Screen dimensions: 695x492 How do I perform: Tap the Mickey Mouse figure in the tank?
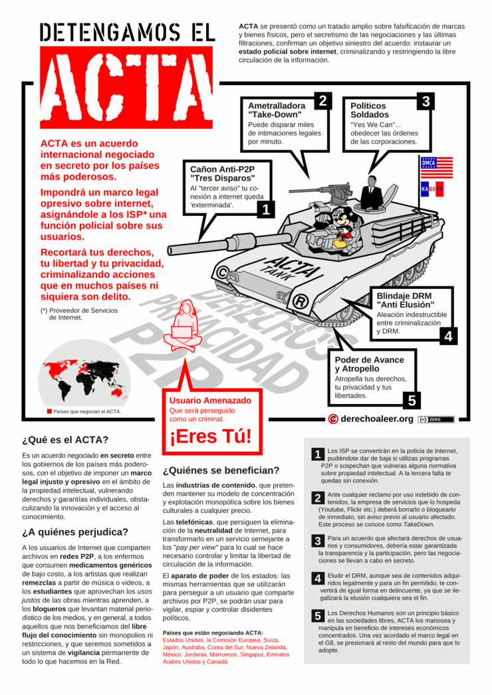(x=344, y=226)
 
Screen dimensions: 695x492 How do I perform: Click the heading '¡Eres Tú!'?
(x=211, y=437)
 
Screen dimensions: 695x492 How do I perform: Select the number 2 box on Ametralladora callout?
(x=322, y=101)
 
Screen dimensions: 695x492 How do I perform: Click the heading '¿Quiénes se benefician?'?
(x=221, y=470)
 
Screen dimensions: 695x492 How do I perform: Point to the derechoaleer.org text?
(x=376, y=419)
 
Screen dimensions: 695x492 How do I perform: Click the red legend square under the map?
(x=49, y=411)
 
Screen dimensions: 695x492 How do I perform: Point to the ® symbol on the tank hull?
(x=300, y=302)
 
